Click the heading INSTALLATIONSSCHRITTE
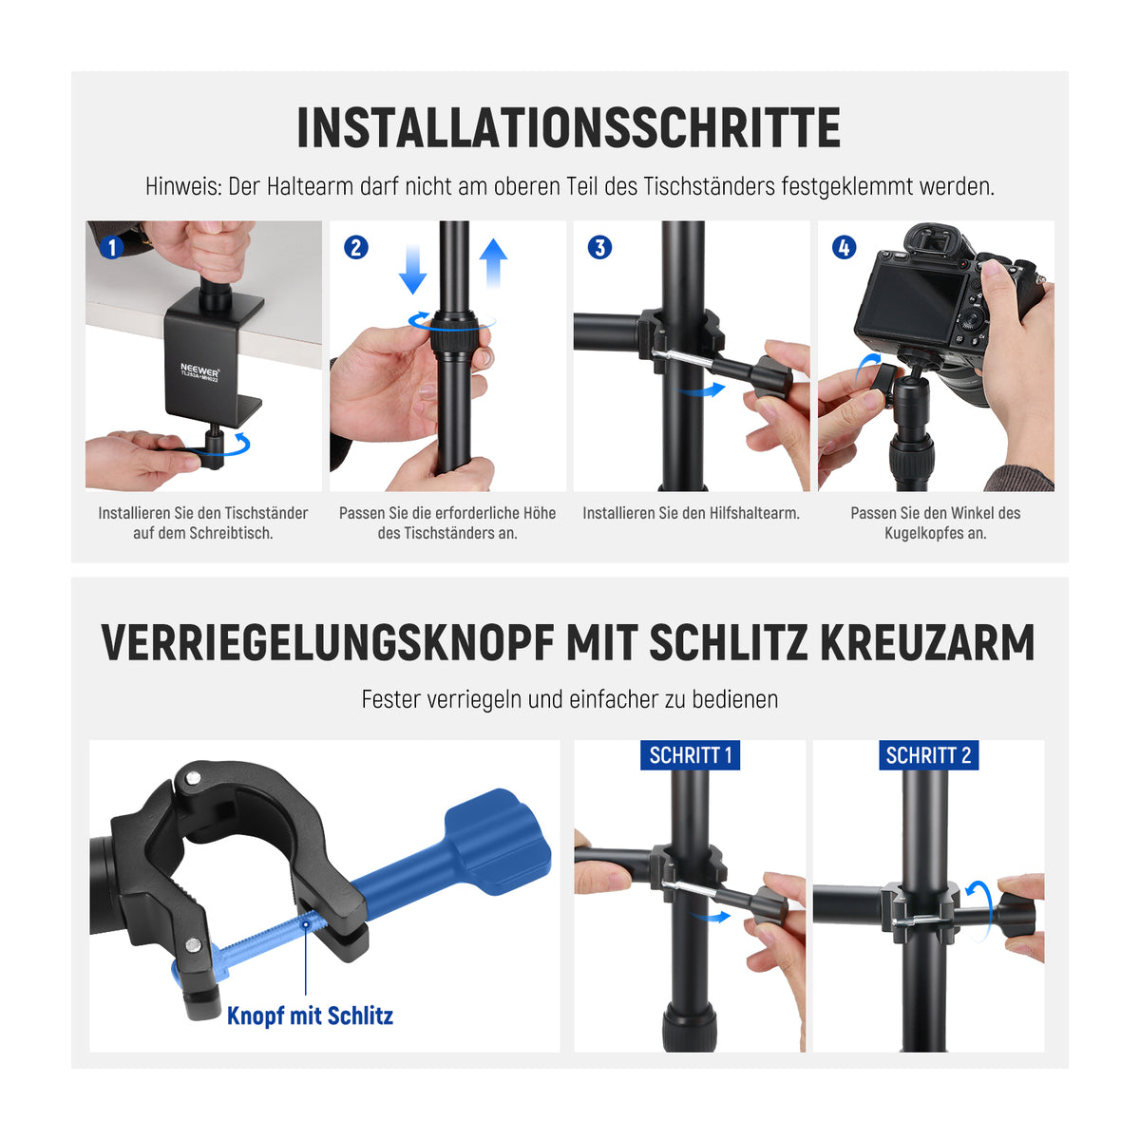pyautogui.click(x=568, y=128)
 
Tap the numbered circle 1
pyautogui.click(x=111, y=247)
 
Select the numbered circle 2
pyautogui.click(x=355, y=247)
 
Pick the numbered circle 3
pyautogui.click(x=599, y=247)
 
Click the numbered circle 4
pyautogui.click(x=844, y=247)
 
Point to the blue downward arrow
pyautogui.click(x=412, y=270)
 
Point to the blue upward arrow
pyautogui.click(x=493, y=262)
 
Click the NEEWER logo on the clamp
pyautogui.click(x=199, y=370)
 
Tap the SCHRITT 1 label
pyautogui.click(x=690, y=755)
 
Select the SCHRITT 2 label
pyautogui.click(x=928, y=755)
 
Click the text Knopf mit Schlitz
pyautogui.click(x=310, y=1016)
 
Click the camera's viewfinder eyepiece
pyautogui.click(x=932, y=240)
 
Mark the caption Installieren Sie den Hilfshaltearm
pyautogui.click(x=691, y=513)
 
